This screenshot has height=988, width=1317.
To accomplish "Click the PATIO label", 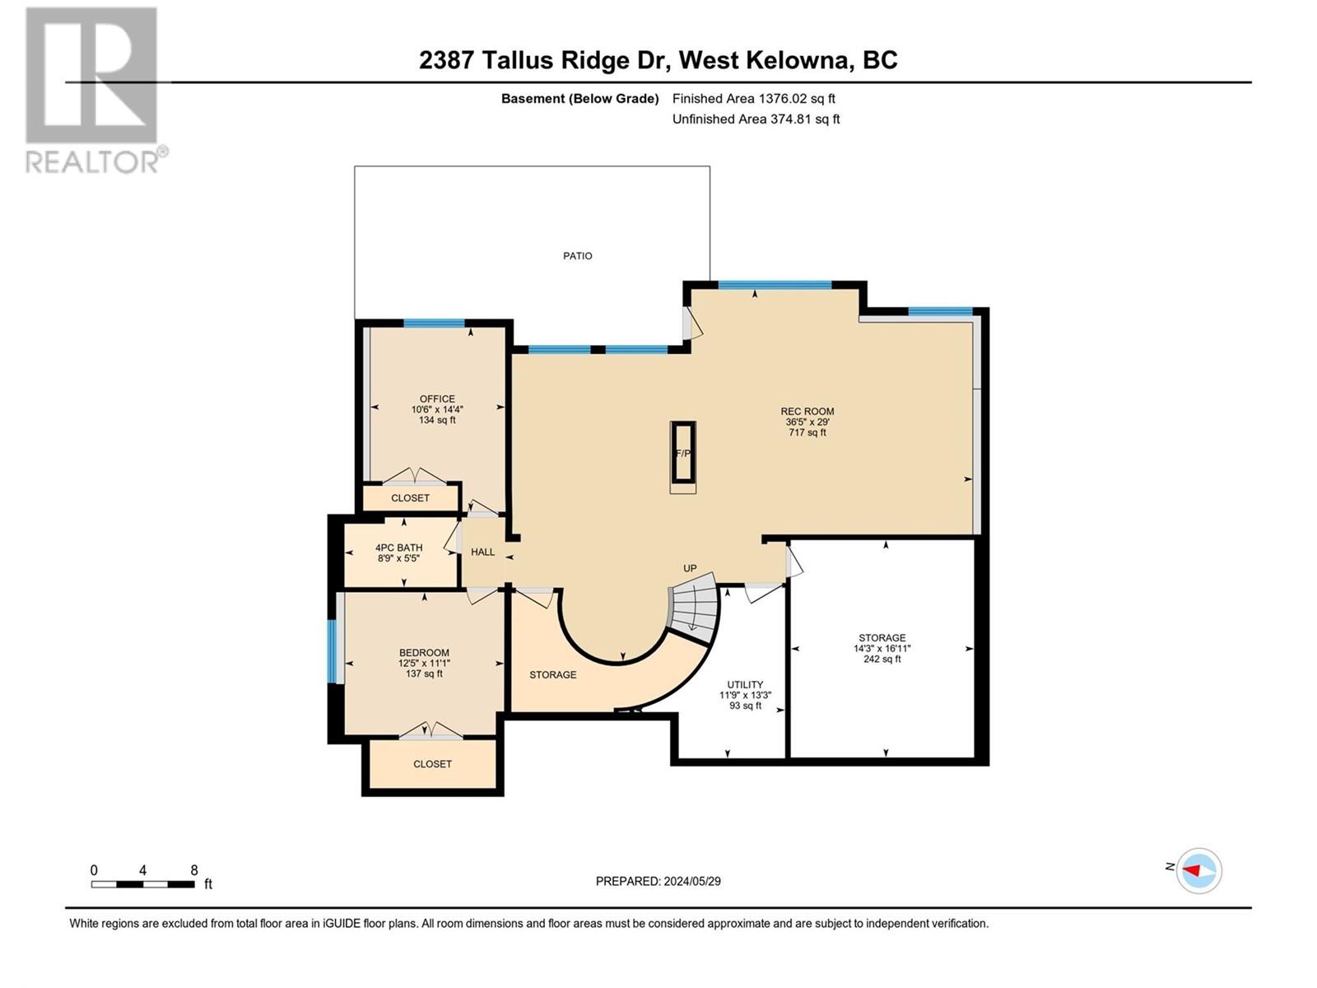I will pyautogui.click(x=577, y=256).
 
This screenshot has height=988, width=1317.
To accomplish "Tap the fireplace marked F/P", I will pyautogui.click(x=683, y=454).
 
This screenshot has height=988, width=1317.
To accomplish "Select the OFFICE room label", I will pyautogui.click(x=437, y=399).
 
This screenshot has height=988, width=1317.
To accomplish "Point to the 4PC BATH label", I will pyautogui.click(x=398, y=548).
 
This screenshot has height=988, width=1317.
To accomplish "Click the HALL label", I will pyautogui.click(x=482, y=552).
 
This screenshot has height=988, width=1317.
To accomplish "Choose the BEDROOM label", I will pyautogui.click(x=424, y=653).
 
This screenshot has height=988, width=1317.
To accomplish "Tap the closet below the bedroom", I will pyautogui.click(x=432, y=764).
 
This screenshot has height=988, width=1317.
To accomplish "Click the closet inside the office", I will pyautogui.click(x=410, y=498).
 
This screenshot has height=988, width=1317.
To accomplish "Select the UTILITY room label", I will pyautogui.click(x=745, y=685).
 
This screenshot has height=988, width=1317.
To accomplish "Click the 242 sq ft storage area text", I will pyautogui.click(x=882, y=659).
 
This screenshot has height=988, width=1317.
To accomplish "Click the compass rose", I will pyautogui.click(x=1198, y=870).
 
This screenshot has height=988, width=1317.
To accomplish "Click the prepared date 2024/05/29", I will pyautogui.click(x=658, y=881).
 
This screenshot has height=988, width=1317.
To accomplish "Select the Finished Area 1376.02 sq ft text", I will pyautogui.click(x=753, y=99).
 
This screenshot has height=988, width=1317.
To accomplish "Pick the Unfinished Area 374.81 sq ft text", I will pyautogui.click(x=756, y=119).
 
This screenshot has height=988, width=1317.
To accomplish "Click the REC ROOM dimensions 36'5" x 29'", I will pyautogui.click(x=807, y=422).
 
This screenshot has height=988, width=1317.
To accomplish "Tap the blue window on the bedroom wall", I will pyautogui.click(x=333, y=650).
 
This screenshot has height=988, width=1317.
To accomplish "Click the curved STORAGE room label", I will pyautogui.click(x=552, y=675).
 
